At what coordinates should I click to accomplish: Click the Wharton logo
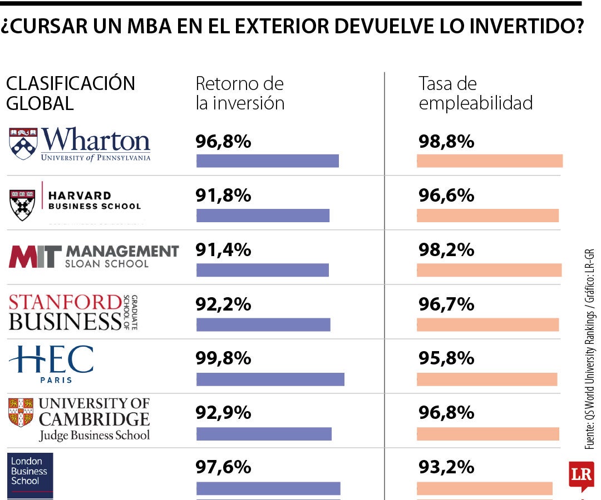[x=80, y=144]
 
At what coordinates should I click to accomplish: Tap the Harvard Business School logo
[x=76, y=201]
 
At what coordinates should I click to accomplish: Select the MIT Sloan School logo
[x=93, y=256]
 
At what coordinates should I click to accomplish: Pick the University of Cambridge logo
[x=79, y=419]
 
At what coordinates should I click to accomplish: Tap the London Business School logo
[x=31, y=475]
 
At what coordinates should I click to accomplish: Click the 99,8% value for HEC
[x=223, y=358]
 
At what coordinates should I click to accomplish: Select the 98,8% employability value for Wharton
[x=446, y=142]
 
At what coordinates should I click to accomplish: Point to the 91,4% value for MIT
[x=223, y=250]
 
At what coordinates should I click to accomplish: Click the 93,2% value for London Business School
[x=446, y=467]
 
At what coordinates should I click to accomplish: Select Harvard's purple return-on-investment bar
[x=263, y=216]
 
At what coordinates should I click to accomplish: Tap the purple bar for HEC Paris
[x=270, y=379]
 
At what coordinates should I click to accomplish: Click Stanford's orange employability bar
[x=487, y=325]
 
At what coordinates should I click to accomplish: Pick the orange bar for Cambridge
[x=487, y=434]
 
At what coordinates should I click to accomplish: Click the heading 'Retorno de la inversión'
[x=240, y=93]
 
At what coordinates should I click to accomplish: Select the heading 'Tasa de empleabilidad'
[x=475, y=93]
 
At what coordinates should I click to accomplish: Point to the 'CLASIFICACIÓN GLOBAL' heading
[x=71, y=93]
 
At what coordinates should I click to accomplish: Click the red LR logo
[x=581, y=475]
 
